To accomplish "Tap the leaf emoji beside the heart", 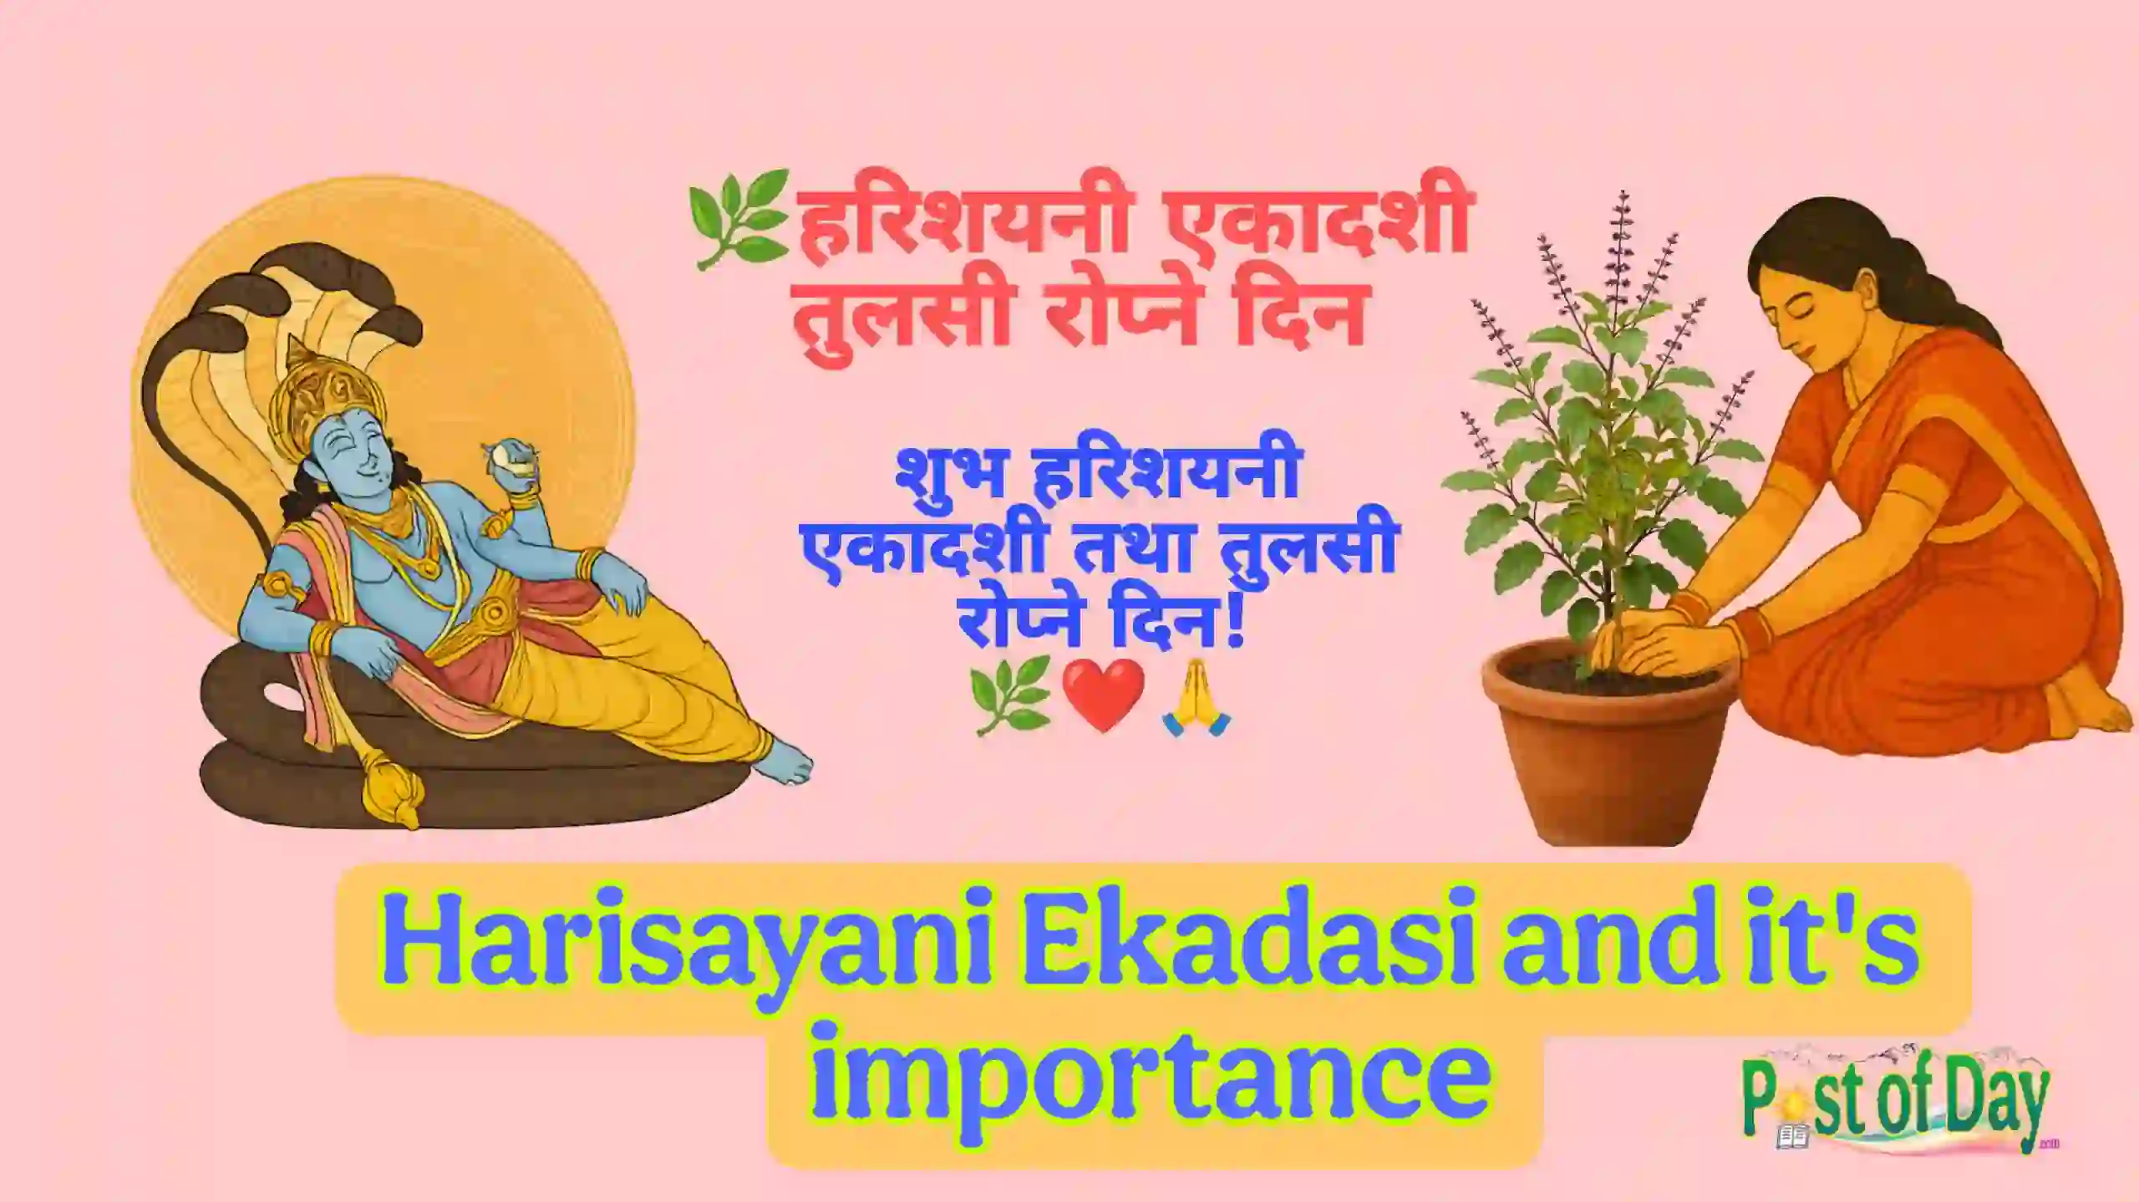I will (x=1008, y=694).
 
